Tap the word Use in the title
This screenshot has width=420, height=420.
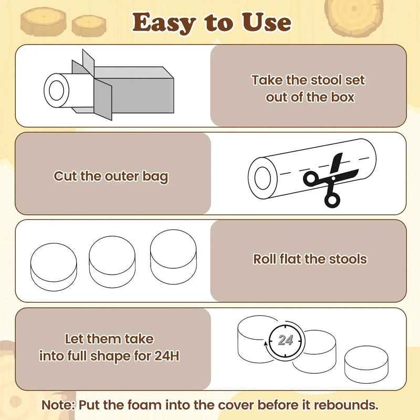266,22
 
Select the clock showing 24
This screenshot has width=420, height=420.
285,340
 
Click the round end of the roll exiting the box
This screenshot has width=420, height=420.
57,90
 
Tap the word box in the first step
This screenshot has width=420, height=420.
343,97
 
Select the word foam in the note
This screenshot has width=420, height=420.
145,405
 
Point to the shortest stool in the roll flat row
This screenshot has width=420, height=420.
54,267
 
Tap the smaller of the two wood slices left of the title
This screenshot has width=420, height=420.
89,25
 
